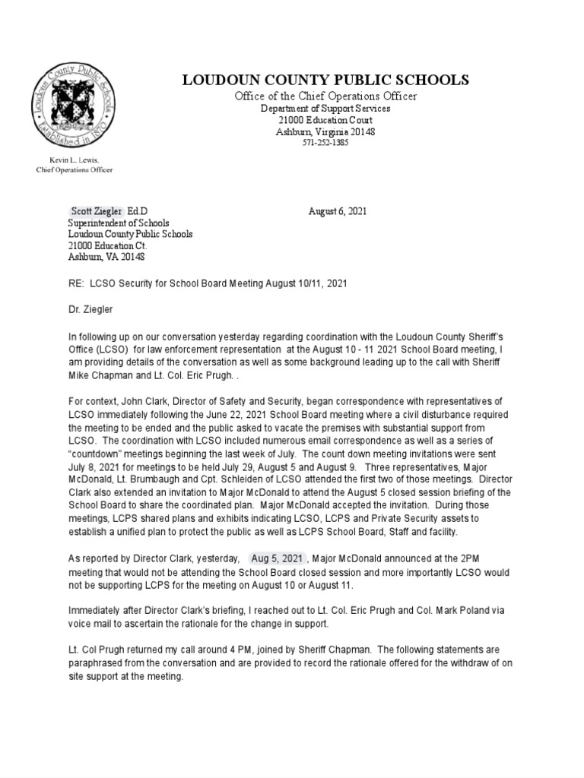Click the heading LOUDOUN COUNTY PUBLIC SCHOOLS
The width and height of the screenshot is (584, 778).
point(325,81)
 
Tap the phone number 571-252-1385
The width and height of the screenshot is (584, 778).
point(325,143)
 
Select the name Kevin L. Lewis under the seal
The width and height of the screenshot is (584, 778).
point(75,160)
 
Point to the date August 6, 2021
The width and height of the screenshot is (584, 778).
point(338,211)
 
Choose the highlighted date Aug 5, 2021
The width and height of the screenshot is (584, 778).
point(278,559)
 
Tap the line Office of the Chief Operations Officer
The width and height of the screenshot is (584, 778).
point(325,96)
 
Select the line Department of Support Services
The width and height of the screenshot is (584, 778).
point(325,109)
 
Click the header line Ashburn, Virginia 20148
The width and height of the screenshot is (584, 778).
point(325,131)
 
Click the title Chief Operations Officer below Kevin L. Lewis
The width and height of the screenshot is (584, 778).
point(75,169)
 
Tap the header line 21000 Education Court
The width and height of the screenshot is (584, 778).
point(325,120)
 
